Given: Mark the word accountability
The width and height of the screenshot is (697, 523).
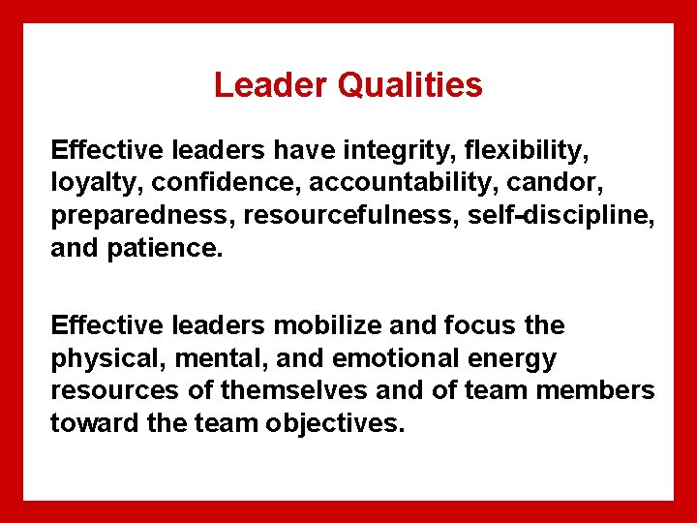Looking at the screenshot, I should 400,184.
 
